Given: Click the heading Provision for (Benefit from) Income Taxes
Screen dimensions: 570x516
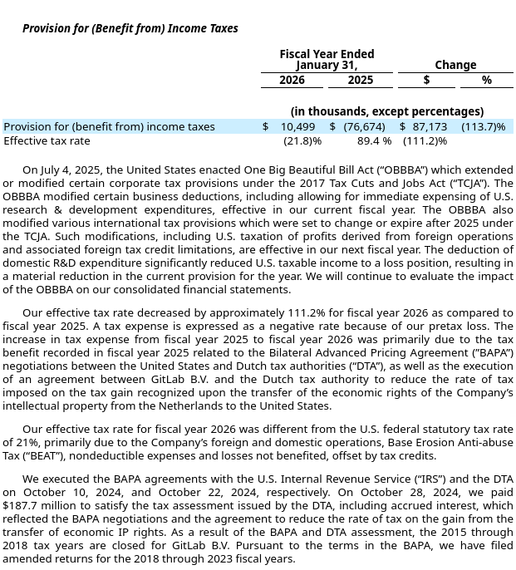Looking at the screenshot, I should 130,28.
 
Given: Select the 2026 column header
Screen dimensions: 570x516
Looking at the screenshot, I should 292,81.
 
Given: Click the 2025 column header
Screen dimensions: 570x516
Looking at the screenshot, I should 360,81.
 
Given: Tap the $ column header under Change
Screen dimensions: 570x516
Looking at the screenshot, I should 426,81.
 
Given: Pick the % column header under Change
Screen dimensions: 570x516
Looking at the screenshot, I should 486,81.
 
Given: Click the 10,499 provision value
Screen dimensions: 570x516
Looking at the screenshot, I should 297,127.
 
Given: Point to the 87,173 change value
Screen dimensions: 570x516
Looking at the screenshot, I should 430,127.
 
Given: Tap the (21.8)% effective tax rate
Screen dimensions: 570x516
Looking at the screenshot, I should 302,141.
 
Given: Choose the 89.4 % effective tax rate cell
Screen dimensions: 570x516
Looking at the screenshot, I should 374,141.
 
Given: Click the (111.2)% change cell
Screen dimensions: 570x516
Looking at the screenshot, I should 425,141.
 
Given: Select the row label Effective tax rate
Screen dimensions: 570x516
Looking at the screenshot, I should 47,141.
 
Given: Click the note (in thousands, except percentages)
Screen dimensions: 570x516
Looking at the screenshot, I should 386,111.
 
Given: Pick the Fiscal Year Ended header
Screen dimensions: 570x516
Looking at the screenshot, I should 327,54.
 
